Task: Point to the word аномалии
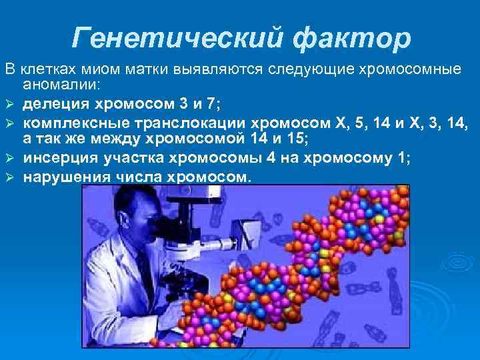coord(61,85)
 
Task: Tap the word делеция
coord(55,104)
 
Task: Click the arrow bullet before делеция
coord(9,105)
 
